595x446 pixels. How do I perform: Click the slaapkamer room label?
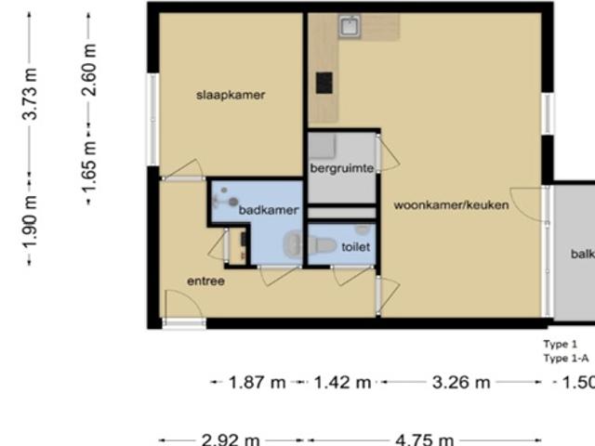(231, 95)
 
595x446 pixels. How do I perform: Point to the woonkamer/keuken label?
(451, 204)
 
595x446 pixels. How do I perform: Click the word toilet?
(356, 247)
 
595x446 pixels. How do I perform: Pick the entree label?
(205, 281)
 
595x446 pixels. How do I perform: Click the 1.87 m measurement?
(257, 382)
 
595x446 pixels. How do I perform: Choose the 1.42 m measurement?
(342, 382)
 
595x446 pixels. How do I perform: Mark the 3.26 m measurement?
(461, 382)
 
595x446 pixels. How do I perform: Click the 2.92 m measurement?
(231, 439)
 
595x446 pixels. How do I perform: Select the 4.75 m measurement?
(424, 439)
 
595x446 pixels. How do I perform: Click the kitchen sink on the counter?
(350, 26)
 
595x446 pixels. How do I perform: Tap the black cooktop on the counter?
(324, 83)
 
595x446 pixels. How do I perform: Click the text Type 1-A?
(566, 358)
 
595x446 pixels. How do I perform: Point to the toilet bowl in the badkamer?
(293, 244)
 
